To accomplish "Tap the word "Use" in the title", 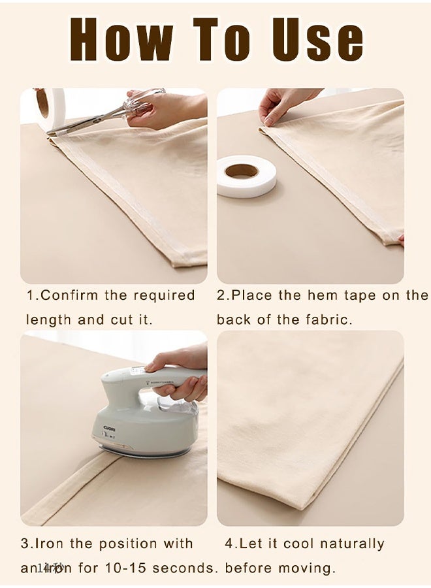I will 317,40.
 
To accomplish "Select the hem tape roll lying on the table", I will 246,175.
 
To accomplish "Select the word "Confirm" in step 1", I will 71,295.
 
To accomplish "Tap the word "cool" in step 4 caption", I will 297,544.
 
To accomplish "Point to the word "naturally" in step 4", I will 353,544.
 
